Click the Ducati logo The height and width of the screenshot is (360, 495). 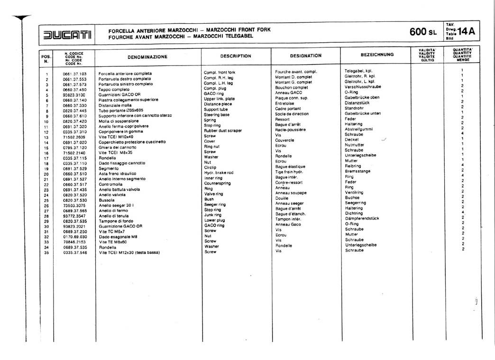[x=67, y=35]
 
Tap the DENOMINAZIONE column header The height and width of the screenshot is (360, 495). [x=147, y=57]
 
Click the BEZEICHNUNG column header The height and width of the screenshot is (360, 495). [x=377, y=55]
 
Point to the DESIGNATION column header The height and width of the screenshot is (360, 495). [x=305, y=55]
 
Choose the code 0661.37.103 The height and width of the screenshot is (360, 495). [x=74, y=74]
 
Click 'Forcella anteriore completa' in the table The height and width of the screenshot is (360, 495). [x=125, y=74]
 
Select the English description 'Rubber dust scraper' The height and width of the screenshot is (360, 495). [x=223, y=130]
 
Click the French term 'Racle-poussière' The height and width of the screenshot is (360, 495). [x=291, y=129]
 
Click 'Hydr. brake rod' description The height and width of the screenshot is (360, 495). [x=219, y=173]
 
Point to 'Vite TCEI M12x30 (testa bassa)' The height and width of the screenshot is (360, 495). [x=128, y=252]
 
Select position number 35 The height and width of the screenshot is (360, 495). [x=46, y=252]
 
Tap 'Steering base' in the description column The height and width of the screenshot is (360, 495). [x=217, y=115]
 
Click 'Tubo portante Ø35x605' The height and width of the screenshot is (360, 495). [x=121, y=111]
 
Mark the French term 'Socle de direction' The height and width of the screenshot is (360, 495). [x=292, y=114]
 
